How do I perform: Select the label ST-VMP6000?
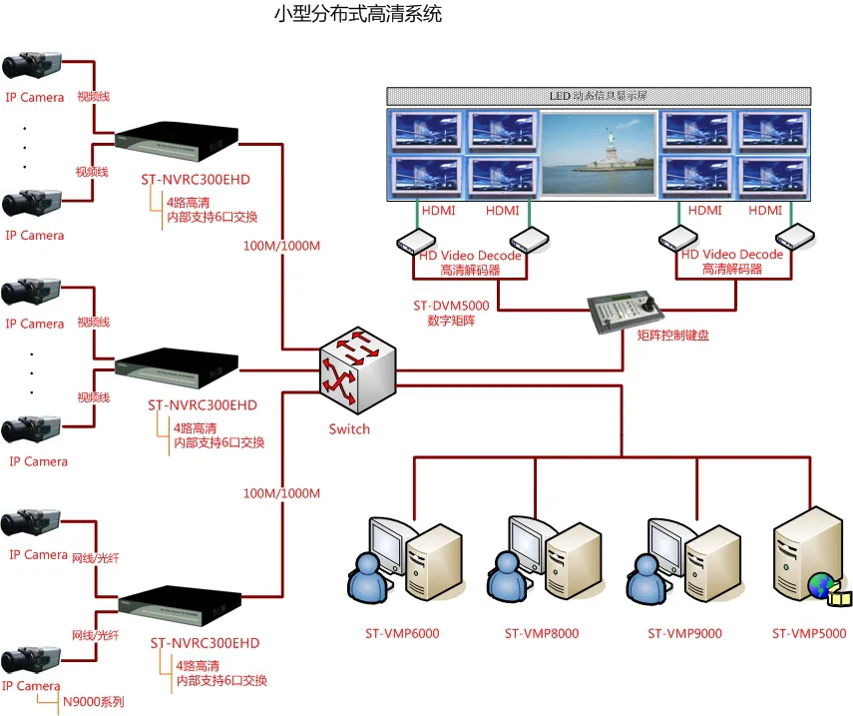point(401,633)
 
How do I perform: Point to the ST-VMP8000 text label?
point(541,633)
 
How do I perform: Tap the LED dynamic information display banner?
point(598,97)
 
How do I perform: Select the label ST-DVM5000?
point(451,306)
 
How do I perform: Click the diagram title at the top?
point(357,15)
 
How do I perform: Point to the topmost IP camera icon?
point(32,66)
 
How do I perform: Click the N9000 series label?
point(93,702)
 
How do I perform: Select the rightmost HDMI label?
point(765,211)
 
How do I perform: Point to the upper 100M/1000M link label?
point(281,246)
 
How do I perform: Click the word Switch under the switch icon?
point(349,429)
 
